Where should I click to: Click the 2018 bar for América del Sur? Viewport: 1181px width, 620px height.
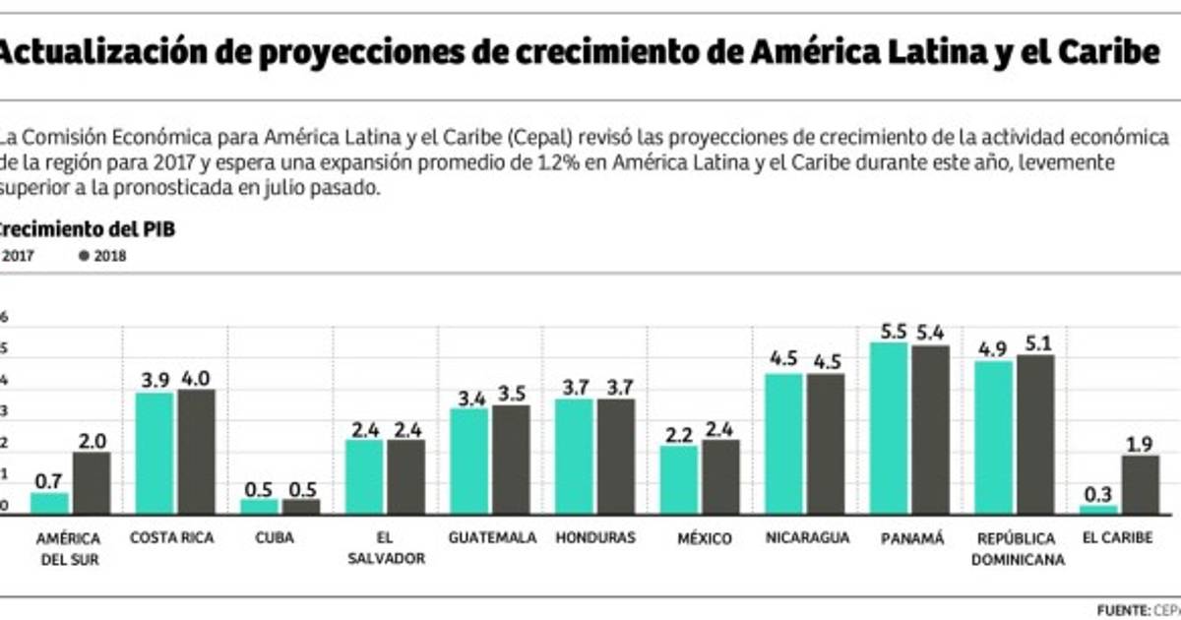click(92, 482)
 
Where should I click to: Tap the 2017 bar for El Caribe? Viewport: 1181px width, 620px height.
click(1099, 509)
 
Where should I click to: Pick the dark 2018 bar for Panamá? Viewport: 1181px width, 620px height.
click(930, 428)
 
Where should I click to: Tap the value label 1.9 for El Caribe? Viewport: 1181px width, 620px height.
click(1140, 445)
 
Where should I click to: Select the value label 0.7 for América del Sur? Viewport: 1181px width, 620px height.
click(49, 482)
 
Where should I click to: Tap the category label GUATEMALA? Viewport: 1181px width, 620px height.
click(492, 538)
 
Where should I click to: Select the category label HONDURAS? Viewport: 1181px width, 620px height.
click(594, 538)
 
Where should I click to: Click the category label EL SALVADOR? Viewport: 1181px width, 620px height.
click(386, 548)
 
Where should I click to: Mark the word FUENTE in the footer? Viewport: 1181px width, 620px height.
click(1121, 608)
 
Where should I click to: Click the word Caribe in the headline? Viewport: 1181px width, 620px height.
click(1101, 52)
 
